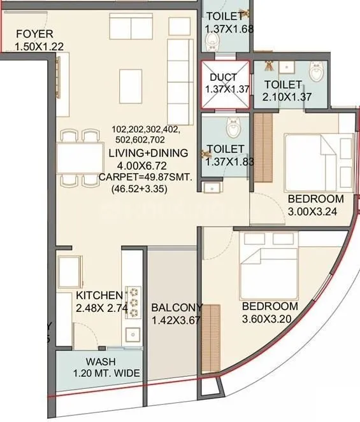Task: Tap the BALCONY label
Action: tap(176, 308)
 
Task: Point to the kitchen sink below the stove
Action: tap(133, 334)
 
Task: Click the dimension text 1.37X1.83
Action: tap(230, 161)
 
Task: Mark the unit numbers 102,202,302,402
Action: tap(147, 128)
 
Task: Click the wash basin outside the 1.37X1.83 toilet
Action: tap(210, 187)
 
